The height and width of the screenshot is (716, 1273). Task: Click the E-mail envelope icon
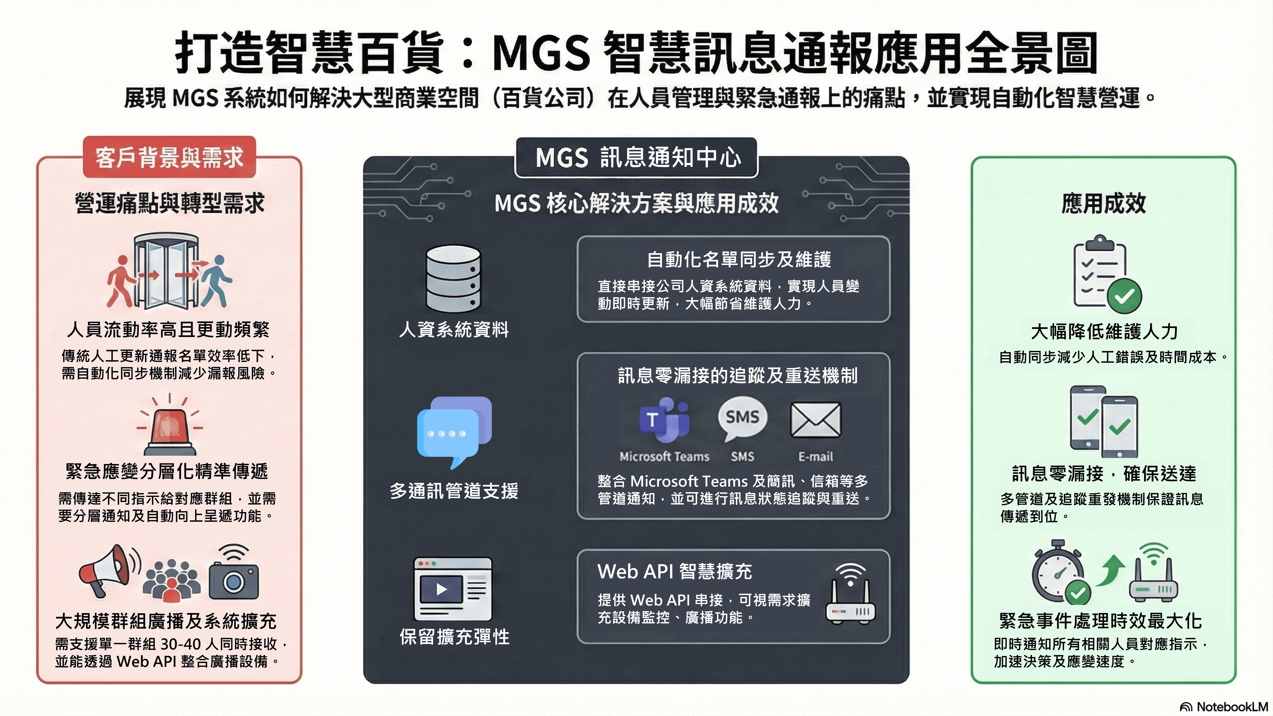pos(815,420)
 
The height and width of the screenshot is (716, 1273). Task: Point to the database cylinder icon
pos(453,279)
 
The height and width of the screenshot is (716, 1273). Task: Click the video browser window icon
pos(453,588)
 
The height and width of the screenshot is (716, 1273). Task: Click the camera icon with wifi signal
pos(234,576)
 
